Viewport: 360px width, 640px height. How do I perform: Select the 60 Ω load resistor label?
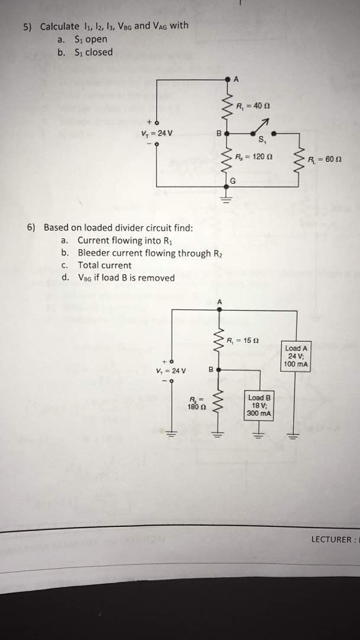(x=324, y=159)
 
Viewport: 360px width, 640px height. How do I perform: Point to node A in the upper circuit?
(x=236, y=79)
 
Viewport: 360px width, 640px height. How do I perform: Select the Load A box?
(x=296, y=356)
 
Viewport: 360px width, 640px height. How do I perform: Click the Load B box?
(x=259, y=405)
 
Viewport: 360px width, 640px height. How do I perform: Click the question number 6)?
(x=31, y=227)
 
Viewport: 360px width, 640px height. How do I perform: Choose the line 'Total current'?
(x=104, y=265)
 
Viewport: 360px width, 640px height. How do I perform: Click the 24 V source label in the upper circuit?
(x=153, y=133)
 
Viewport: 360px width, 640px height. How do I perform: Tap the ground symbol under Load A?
(x=291, y=435)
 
